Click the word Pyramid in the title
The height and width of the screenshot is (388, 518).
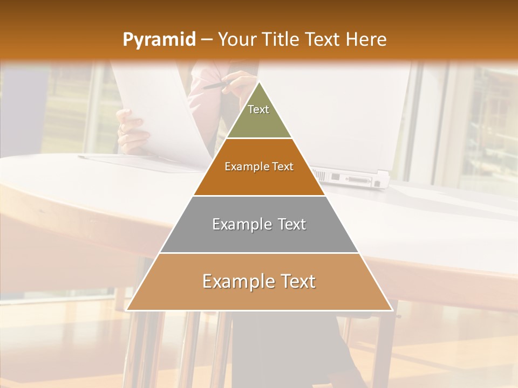pyautogui.click(x=159, y=39)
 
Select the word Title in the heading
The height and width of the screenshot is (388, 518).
pyautogui.click(x=281, y=39)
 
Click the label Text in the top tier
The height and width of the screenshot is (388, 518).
pyautogui.click(x=258, y=109)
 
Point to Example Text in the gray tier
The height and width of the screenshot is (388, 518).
pyautogui.click(x=259, y=224)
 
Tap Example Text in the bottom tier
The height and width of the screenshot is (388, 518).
pyautogui.click(x=259, y=281)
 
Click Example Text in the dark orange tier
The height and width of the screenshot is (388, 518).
pyautogui.click(x=259, y=167)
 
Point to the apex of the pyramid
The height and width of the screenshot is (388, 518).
pyautogui.click(x=259, y=82)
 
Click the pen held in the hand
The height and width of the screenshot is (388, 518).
pyautogui.click(x=219, y=85)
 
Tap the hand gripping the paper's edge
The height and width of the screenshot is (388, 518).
pyautogui.click(x=130, y=129)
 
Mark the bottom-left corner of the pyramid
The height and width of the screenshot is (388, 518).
pyautogui.click(x=126, y=310)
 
